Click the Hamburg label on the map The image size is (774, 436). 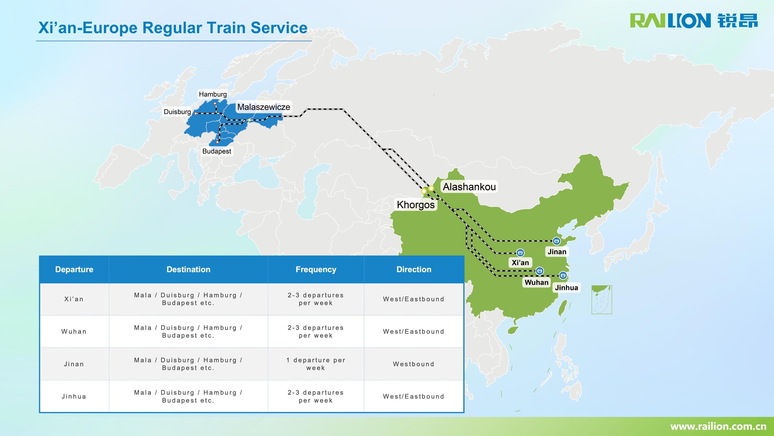pyautogui.click(x=213, y=94)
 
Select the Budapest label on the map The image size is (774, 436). pyautogui.click(x=217, y=151)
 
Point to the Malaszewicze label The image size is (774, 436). pyautogui.click(x=264, y=107)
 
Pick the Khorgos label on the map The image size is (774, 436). pyautogui.click(x=416, y=205)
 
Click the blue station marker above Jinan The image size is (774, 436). pyautogui.click(x=556, y=241)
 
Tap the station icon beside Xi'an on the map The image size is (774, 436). pyautogui.click(x=520, y=253)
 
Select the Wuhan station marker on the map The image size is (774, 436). pyautogui.click(x=540, y=271)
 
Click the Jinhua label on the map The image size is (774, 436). pyautogui.click(x=566, y=287)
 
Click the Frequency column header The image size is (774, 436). pyautogui.click(x=316, y=269)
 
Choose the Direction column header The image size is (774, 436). pyautogui.click(x=414, y=269)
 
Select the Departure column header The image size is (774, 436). pyautogui.click(x=74, y=269)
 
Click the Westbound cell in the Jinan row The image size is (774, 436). pyautogui.click(x=414, y=364)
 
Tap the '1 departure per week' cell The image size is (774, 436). pyautogui.click(x=316, y=364)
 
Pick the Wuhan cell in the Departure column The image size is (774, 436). pyautogui.click(x=74, y=332)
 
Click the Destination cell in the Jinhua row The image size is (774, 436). pyautogui.click(x=188, y=396)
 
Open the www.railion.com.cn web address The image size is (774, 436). pyautogui.click(x=718, y=426)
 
